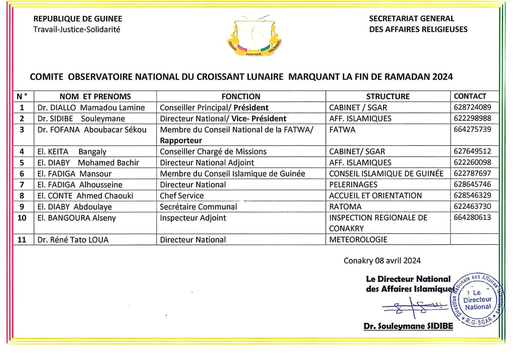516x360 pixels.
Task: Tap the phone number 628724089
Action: [x=472, y=107]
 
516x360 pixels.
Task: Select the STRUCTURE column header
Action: [x=388, y=96]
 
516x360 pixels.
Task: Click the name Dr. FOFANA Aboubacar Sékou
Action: [x=92, y=130]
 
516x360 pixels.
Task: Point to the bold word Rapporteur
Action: [x=181, y=141]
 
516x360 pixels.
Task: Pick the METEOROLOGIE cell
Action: [x=358, y=240]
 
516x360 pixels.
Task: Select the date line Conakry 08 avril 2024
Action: [x=382, y=261]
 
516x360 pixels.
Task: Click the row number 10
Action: [x=22, y=218]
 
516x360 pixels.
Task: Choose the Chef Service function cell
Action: [x=182, y=196]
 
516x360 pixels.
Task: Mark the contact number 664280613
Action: [x=472, y=217]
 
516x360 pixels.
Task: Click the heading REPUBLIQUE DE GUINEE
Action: [x=78, y=19]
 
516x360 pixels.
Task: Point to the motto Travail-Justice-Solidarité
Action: [x=77, y=29]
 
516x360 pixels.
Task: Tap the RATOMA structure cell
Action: [x=345, y=207]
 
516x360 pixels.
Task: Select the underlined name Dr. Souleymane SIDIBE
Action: [x=408, y=326]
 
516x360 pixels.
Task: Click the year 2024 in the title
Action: [x=442, y=77]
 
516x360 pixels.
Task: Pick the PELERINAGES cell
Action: [x=353, y=184]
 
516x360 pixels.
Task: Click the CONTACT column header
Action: [x=470, y=96]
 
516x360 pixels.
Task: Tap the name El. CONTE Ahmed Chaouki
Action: [x=85, y=196]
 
